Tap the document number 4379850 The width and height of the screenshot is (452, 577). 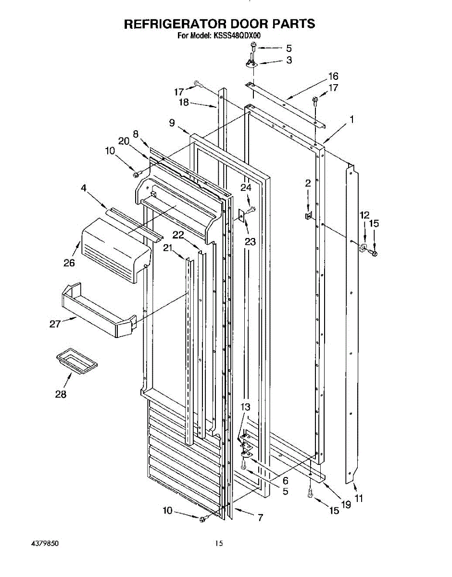tap(44, 544)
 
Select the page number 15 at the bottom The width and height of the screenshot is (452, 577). tap(219, 544)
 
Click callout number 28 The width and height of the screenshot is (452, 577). tap(61, 394)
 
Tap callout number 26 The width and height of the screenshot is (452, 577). tap(69, 263)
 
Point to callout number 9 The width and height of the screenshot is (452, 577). tap(172, 123)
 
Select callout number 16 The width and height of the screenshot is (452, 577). tap(333, 76)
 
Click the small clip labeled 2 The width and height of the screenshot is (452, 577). tap(308, 215)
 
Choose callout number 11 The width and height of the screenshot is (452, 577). tap(359, 499)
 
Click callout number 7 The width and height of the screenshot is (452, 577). tap(260, 517)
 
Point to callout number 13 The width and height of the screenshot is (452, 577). tap(245, 407)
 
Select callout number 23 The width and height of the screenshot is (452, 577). tap(250, 242)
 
